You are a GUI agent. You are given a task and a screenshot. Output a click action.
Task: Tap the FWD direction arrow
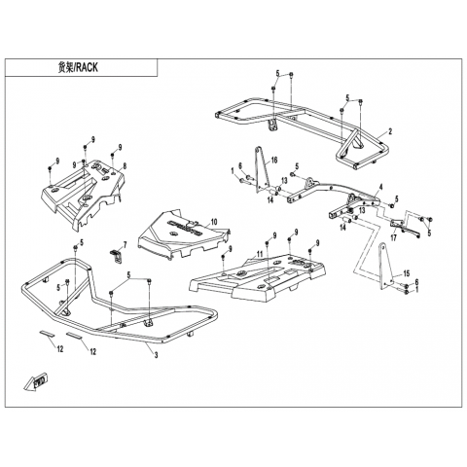click(x=35, y=381)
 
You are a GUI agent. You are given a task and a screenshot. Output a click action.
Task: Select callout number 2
click(x=390, y=131)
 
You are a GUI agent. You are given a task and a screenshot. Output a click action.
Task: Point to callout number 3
click(x=156, y=355)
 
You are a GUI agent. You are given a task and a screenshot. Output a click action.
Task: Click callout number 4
click(x=381, y=187)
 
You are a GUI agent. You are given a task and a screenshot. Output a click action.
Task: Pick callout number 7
click(x=125, y=244)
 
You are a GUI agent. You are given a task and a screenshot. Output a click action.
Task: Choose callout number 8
click(x=125, y=166)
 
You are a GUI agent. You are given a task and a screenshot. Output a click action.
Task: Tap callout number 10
click(x=214, y=222)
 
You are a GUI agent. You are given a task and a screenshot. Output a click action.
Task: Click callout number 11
click(x=260, y=255)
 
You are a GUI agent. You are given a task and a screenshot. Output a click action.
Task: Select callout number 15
click(x=407, y=273)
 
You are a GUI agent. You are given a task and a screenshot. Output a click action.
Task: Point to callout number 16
click(x=274, y=160)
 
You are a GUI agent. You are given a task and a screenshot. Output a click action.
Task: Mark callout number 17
click(x=393, y=238)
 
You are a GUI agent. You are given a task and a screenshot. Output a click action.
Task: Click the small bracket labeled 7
click(x=116, y=256)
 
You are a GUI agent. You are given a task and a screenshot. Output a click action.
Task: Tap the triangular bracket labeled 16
click(x=262, y=170)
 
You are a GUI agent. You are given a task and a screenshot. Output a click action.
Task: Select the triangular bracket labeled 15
click(x=386, y=267)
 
